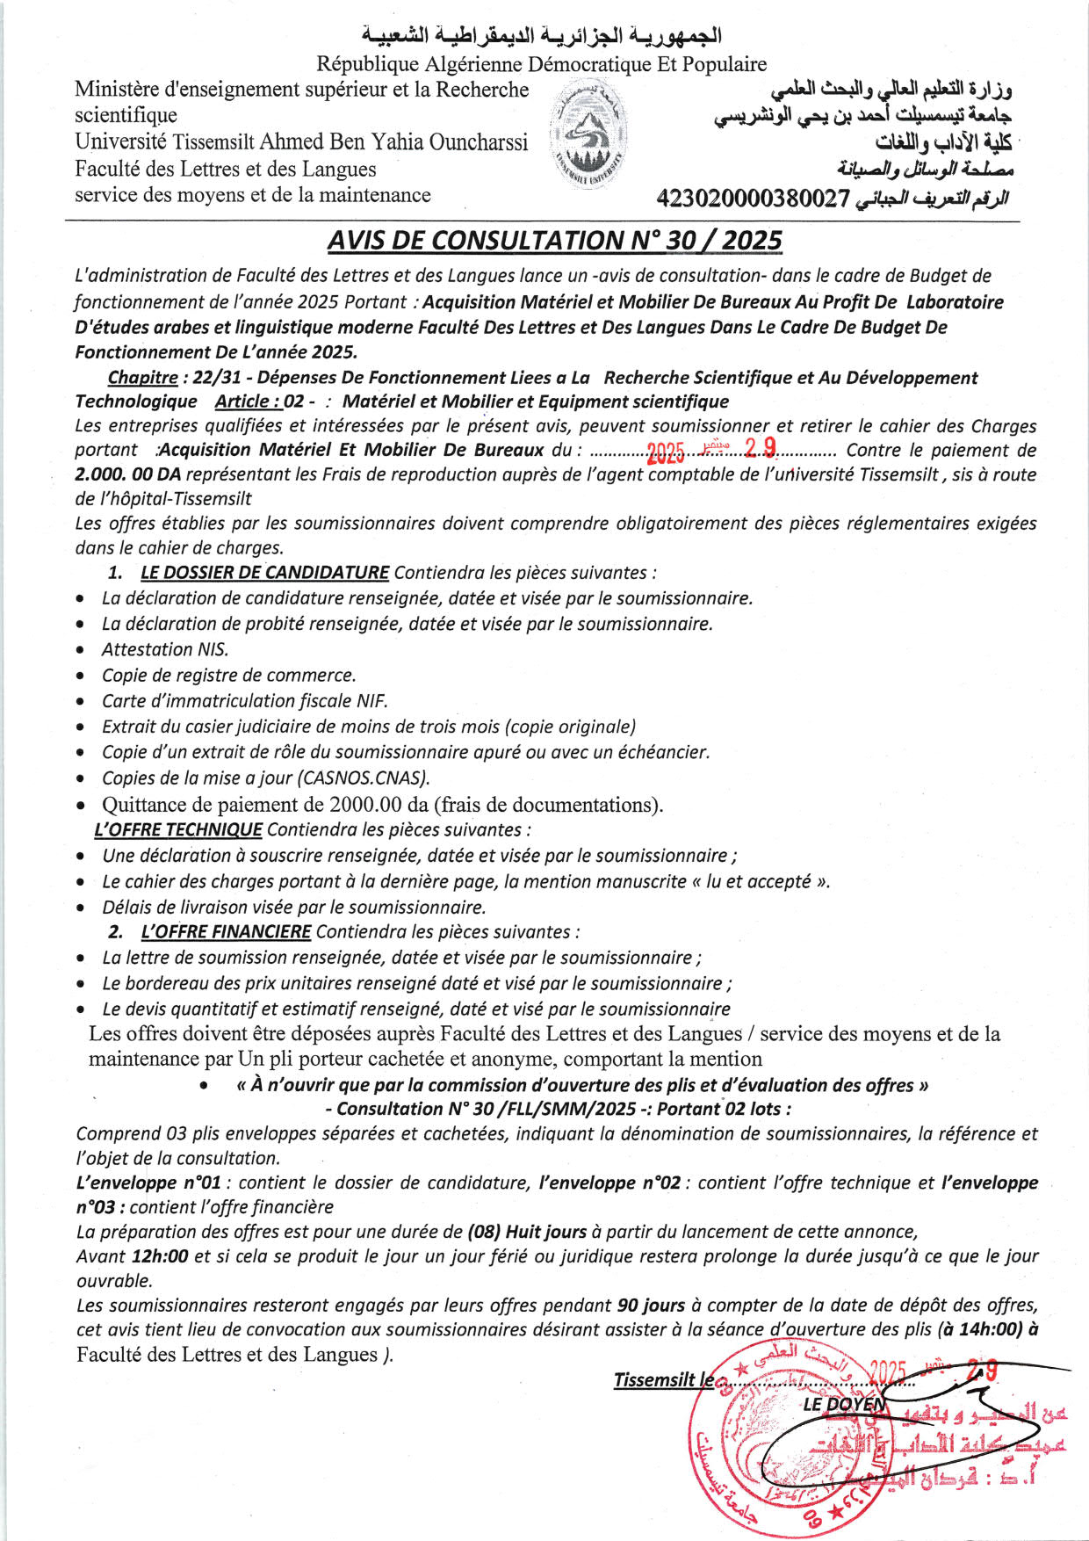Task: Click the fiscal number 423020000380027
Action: tap(754, 199)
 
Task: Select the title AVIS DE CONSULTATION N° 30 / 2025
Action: tap(554, 241)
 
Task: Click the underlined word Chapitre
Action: tap(142, 378)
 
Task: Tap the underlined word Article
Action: tap(248, 402)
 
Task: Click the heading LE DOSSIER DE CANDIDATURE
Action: tap(264, 573)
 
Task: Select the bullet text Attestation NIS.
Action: tap(165, 649)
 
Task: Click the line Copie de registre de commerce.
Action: tap(228, 675)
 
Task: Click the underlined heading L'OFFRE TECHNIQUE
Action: tap(177, 829)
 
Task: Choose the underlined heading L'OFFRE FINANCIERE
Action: tap(226, 931)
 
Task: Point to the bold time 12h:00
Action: tap(160, 1256)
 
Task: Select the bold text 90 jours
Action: tap(652, 1306)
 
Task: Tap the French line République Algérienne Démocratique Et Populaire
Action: tap(541, 64)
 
